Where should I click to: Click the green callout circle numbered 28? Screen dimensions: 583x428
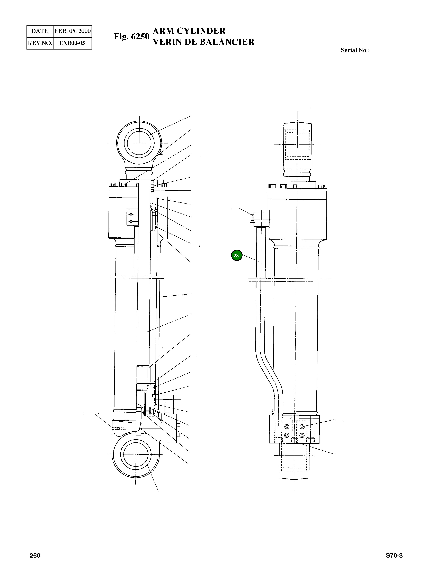tap(236, 256)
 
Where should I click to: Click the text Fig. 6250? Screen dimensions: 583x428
tap(132, 36)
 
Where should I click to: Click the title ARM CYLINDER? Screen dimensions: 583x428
tap(189, 31)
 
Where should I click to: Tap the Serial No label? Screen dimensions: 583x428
tap(355, 50)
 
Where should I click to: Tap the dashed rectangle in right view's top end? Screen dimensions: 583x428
tap(297, 145)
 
